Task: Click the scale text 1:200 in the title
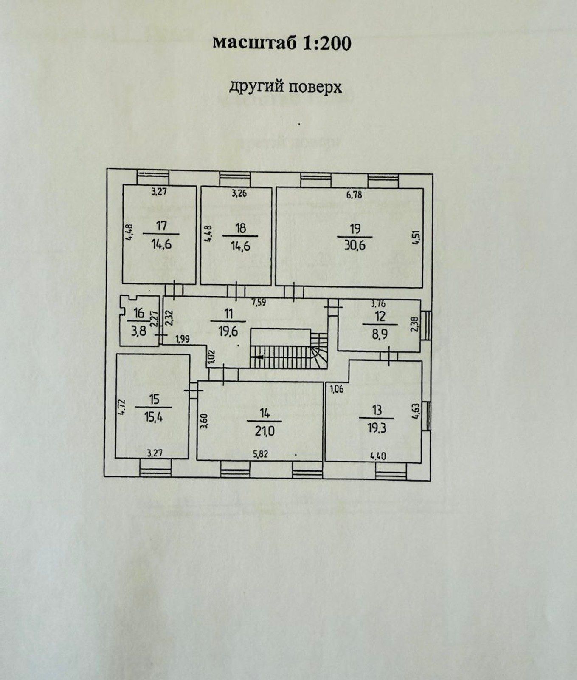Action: coord(327,43)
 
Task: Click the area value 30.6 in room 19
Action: coord(355,246)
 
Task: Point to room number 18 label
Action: coord(240,228)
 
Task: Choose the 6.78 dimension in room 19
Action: coord(354,195)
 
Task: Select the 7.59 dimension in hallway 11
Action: coord(259,303)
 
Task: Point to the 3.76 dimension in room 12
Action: coord(378,303)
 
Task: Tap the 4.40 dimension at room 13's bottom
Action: coord(378,457)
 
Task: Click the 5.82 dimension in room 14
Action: coord(261,454)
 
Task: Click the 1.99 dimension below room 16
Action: coord(183,339)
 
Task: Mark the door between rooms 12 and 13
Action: coord(389,356)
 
